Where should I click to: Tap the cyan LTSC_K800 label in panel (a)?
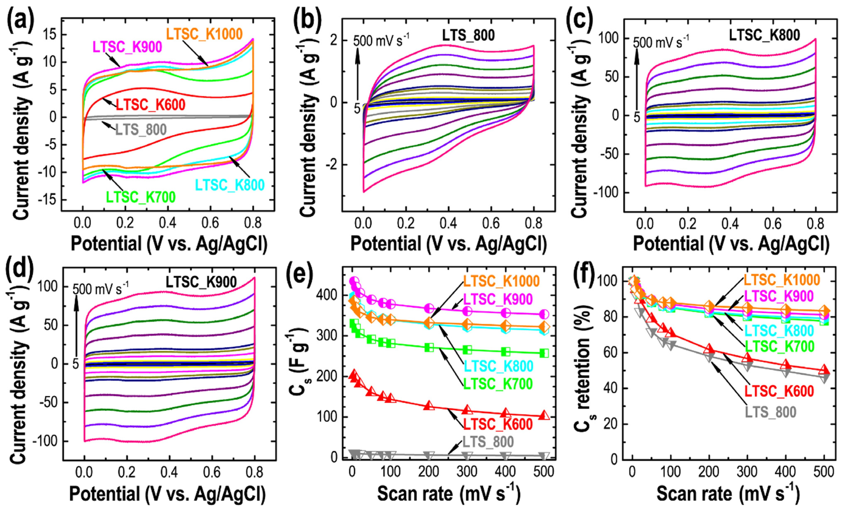[230, 185]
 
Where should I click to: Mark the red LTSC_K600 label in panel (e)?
[498, 424]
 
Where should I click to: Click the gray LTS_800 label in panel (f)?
[771, 412]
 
